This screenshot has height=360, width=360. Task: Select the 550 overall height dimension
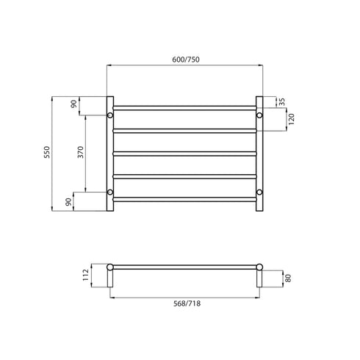(x=46, y=154)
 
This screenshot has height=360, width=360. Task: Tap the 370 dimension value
(x=81, y=154)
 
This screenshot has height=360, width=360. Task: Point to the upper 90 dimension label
(x=74, y=105)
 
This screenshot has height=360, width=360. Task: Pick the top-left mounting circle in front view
(x=110, y=115)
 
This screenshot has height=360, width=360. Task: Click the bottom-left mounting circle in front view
(x=110, y=192)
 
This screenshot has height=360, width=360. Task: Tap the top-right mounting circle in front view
(x=259, y=115)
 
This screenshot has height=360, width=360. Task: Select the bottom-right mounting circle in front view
(x=259, y=192)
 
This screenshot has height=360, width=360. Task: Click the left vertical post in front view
(x=110, y=154)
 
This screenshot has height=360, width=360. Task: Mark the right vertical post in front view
(x=259, y=154)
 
